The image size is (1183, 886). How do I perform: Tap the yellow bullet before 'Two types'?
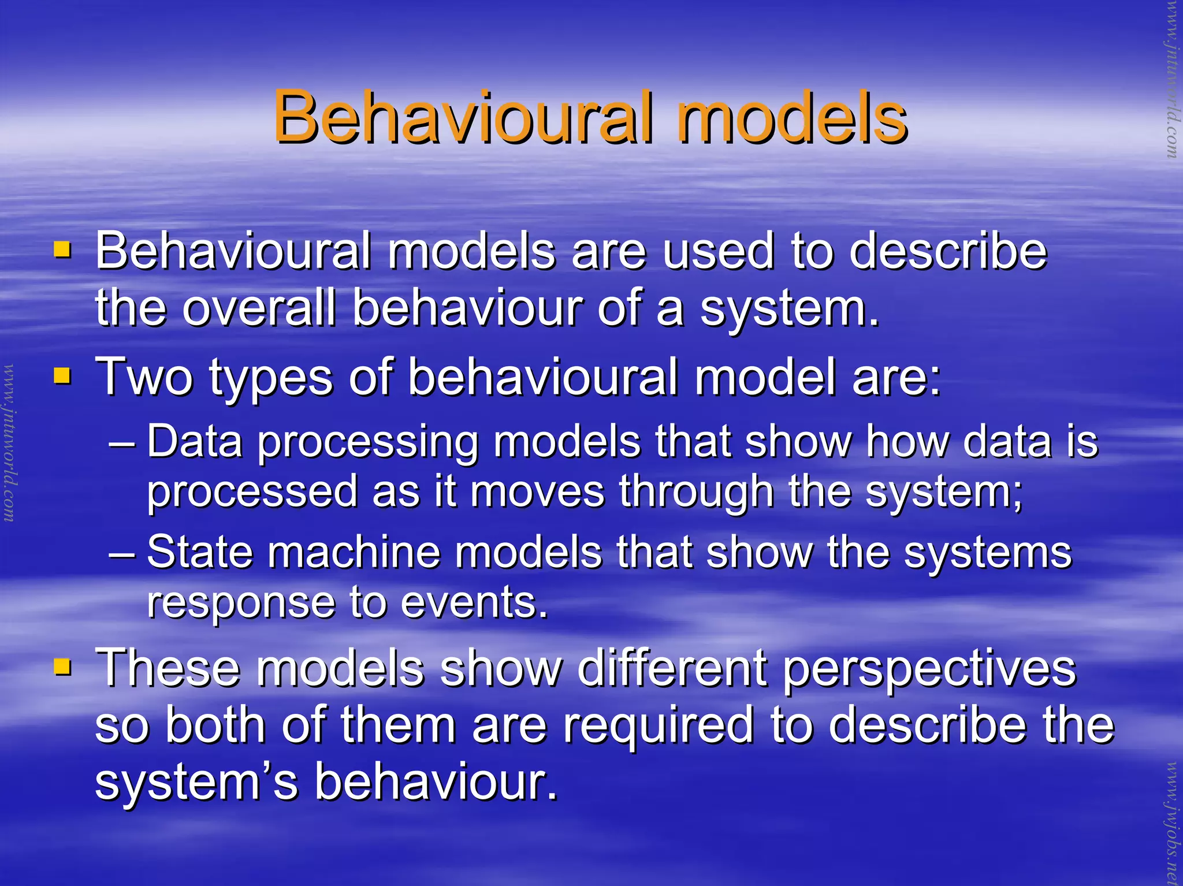coord(62,376)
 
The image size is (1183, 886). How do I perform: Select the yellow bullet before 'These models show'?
coord(62,667)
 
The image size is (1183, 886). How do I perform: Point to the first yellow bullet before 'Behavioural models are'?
coord(62,250)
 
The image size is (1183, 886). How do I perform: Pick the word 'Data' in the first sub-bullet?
coord(195,442)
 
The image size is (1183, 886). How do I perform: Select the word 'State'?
coord(200,552)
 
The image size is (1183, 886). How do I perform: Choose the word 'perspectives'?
coord(929,670)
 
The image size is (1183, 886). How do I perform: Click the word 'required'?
coord(659,727)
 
